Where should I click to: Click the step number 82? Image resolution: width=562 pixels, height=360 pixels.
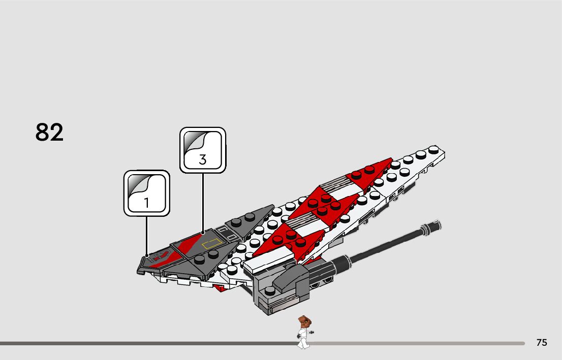coord(50,133)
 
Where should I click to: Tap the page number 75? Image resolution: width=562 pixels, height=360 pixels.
coord(542,343)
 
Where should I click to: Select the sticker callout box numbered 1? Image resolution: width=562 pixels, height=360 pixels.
coord(147,193)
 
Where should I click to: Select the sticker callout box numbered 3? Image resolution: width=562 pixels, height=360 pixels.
coord(203,150)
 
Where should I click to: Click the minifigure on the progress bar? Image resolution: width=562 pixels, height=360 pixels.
coord(304,332)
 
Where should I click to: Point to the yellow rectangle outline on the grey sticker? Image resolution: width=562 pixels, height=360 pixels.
coord(212,243)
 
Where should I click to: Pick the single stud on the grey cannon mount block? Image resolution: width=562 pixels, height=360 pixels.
coord(270,291)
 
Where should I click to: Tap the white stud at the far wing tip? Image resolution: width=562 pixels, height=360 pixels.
coord(433,149)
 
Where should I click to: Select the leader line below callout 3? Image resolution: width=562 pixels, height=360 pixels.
coord(203,203)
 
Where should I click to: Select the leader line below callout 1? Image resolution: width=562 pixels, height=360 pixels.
coord(147,236)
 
